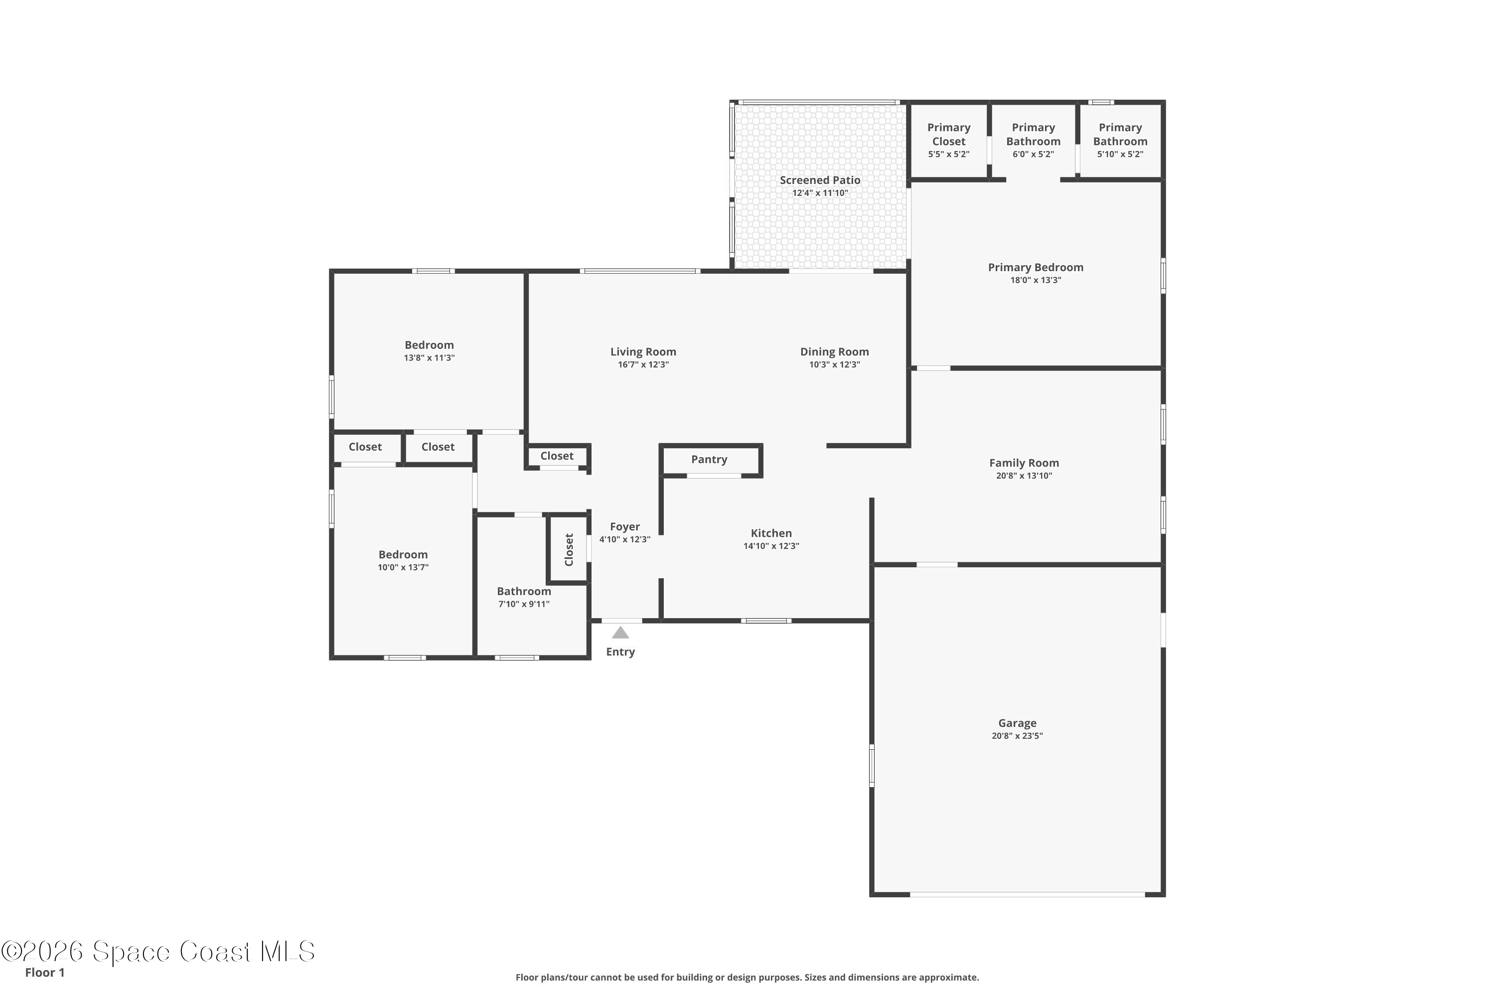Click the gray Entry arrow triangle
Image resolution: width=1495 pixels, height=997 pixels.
coord(620,633)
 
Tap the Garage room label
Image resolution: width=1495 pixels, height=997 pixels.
coord(1017,723)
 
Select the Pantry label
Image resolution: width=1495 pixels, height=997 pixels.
coord(709,459)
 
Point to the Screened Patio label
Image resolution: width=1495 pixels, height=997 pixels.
coord(820,180)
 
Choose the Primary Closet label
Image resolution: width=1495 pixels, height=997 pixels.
coord(948,134)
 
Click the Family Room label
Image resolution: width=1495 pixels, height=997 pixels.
coord(1024,463)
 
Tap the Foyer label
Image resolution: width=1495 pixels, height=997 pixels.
coord(625,526)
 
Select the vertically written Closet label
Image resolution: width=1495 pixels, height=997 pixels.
coord(569,549)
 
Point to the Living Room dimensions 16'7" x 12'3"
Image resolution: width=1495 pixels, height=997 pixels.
coord(643,365)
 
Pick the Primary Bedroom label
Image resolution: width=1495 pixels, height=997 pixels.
coord(1036,267)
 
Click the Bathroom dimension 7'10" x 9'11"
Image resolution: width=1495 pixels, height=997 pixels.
coord(524,604)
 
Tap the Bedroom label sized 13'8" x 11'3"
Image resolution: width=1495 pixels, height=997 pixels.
coord(429,344)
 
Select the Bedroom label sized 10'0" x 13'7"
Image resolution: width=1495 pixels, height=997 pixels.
coord(403,554)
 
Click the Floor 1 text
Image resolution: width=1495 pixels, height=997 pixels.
coord(44,972)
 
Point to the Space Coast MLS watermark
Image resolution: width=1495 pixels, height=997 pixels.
coord(157,952)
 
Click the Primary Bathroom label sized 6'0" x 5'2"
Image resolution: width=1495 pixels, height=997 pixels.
coord(1033,134)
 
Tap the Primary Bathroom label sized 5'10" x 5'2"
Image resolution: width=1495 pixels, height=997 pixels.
coord(1120,134)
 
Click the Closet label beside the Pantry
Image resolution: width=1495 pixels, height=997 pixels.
coord(557,456)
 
